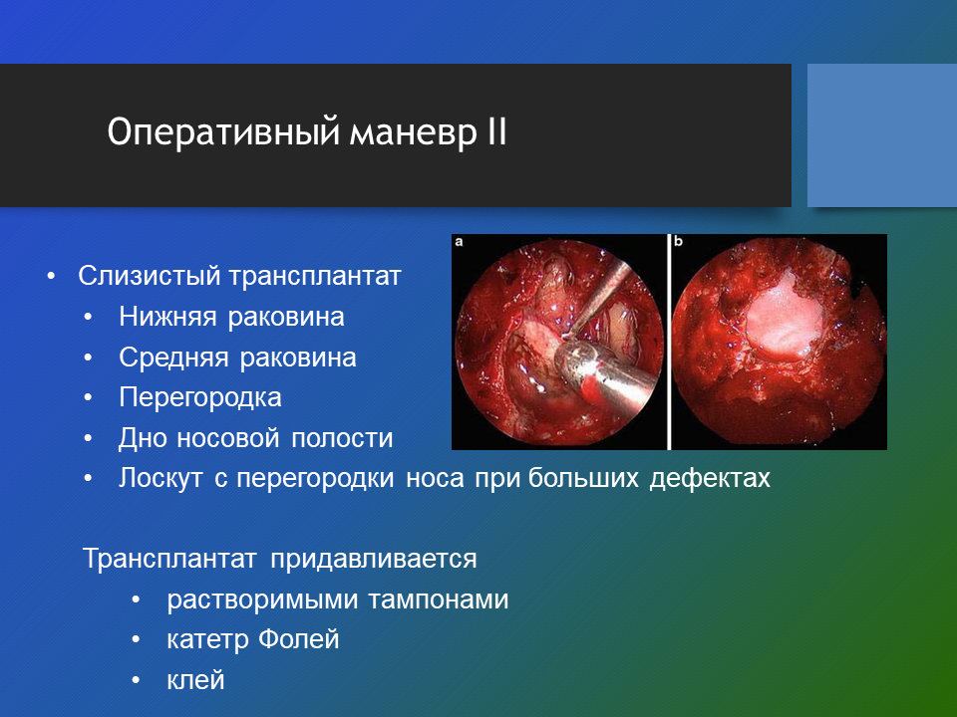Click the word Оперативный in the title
(x=222, y=131)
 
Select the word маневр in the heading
(x=413, y=134)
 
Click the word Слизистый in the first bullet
(x=149, y=276)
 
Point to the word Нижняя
(x=167, y=317)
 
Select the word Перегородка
(x=200, y=398)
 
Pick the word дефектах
(x=710, y=479)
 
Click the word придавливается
(x=374, y=559)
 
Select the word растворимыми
(x=262, y=599)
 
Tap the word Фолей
(x=298, y=639)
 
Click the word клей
(x=195, y=680)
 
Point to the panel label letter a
(x=459, y=242)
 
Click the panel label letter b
(x=678, y=241)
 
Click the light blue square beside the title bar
(x=882, y=135)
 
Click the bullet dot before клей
(x=136, y=680)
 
